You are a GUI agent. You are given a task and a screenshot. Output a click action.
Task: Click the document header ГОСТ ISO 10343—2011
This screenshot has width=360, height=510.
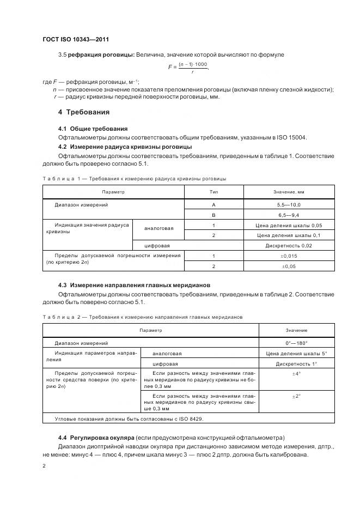pyautogui.click(x=80, y=40)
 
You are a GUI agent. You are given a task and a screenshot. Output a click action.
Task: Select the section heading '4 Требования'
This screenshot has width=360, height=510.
pyautogui.click(x=84, y=112)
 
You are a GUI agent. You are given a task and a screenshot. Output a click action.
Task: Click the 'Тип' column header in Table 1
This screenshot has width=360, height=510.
pyautogui.click(x=213, y=192)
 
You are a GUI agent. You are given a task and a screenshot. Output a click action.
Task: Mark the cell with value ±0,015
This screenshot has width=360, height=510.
pyautogui.click(x=289, y=256)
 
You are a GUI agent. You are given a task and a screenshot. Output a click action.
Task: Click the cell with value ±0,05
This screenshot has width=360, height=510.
pyautogui.click(x=289, y=266)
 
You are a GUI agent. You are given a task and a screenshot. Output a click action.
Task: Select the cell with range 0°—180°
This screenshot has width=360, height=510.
pyautogui.click(x=296, y=343)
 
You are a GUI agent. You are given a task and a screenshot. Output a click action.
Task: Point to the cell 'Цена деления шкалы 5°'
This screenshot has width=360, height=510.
pyautogui.click(x=296, y=354)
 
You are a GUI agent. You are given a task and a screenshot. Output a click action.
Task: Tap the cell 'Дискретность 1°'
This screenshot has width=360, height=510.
pyautogui.click(x=296, y=364)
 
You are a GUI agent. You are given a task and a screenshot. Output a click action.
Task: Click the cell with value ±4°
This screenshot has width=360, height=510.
pyautogui.click(x=296, y=374)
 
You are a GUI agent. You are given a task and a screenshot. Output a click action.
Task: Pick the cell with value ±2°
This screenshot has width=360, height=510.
pyautogui.click(x=296, y=397)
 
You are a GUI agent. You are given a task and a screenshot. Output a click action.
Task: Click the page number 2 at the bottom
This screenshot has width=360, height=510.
pyautogui.click(x=44, y=466)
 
